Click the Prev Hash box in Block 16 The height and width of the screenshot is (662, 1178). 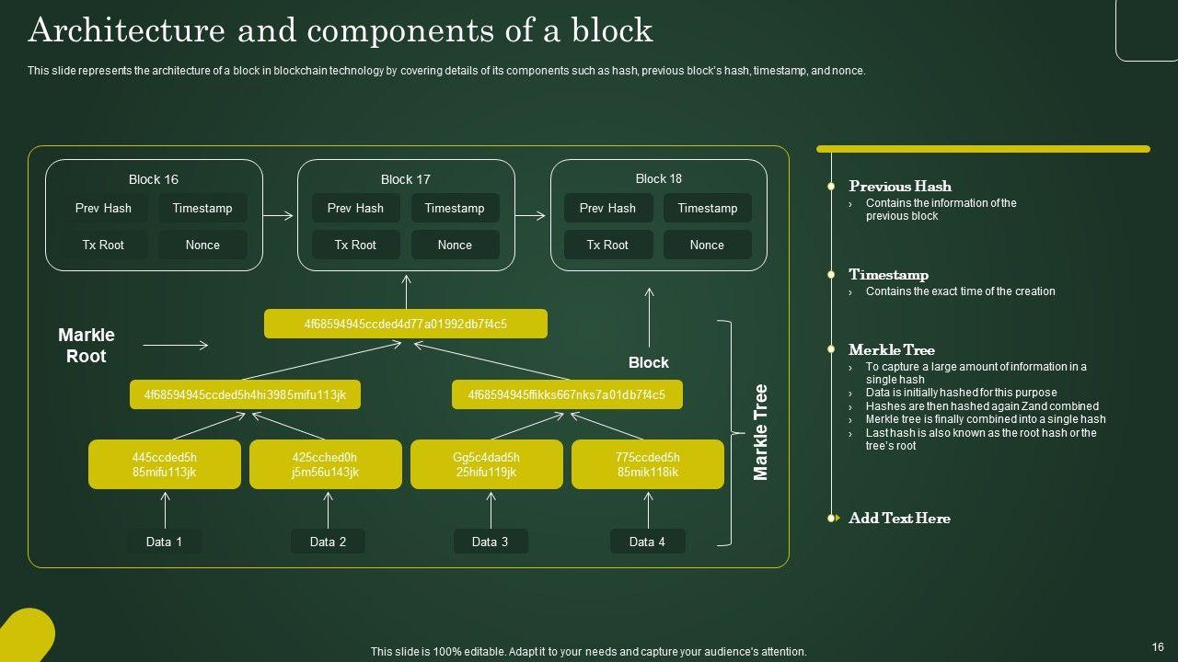click(x=103, y=209)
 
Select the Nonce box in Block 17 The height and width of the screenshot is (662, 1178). click(x=455, y=245)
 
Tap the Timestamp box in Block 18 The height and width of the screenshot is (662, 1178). click(x=707, y=209)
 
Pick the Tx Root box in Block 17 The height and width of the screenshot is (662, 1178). click(x=355, y=245)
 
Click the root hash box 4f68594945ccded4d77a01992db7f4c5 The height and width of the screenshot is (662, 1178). click(x=406, y=324)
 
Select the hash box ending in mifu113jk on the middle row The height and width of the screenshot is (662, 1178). click(x=245, y=395)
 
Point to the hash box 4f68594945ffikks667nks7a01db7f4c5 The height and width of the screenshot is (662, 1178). click(x=567, y=395)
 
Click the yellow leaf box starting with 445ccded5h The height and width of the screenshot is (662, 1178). click(x=165, y=464)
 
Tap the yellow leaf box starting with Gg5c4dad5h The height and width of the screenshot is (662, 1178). click(x=486, y=464)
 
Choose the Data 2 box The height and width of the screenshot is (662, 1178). click(x=328, y=542)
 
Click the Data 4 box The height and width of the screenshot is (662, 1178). click(x=647, y=542)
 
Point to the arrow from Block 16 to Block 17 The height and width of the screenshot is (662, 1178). click(x=279, y=216)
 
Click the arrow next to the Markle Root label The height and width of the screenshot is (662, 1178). click(x=176, y=346)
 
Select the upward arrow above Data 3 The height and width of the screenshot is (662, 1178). click(x=491, y=509)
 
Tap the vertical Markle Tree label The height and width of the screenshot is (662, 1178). click(x=760, y=432)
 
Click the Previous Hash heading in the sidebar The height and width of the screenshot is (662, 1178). click(x=900, y=186)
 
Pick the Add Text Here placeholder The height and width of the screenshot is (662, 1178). click(x=899, y=519)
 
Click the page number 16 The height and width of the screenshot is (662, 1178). click(x=1158, y=647)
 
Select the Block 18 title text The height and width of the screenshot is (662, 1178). click(x=659, y=178)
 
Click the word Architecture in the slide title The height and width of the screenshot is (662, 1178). click(x=126, y=30)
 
